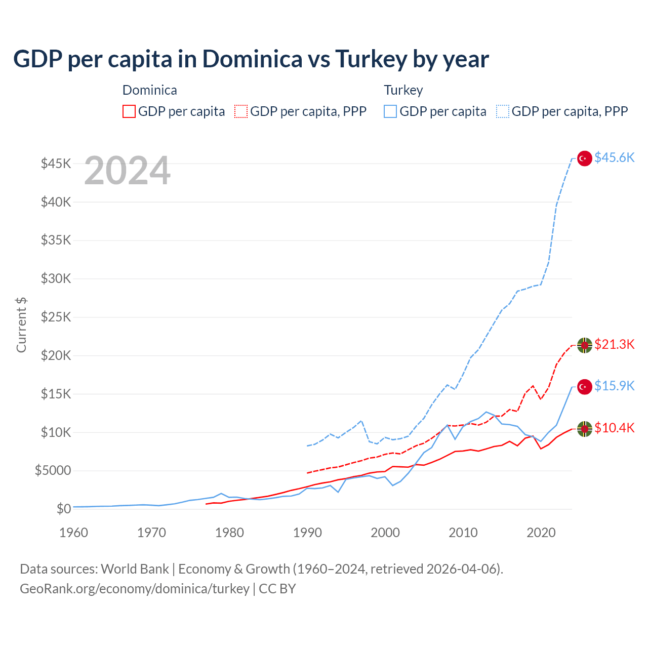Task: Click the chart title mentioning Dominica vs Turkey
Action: click(x=251, y=59)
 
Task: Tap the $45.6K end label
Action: click(x=614, y=157)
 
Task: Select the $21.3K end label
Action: click(x=614, y=344)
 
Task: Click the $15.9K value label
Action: click(x=614, y=386)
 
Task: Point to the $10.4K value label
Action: click(x=614, y=428)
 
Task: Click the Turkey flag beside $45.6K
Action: click(x=585, y=158)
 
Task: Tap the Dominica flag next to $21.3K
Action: click(x=585, y=345)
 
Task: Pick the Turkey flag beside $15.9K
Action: click(x=585, y=387)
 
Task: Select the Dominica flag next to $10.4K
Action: click(x=585, y=429)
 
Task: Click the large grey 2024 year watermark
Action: click(x=127, y=171)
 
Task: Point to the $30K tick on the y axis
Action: click(x=56, y=278)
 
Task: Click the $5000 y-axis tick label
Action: click(x=53, y=470)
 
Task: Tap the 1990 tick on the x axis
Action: click(x=307, y=533)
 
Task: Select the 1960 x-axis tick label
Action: click(x=74, y=533)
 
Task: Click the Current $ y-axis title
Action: click(x=21, y=325)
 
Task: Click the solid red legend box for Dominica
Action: click(x=129, y=111)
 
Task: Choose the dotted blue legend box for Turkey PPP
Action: click(x=503, y=111)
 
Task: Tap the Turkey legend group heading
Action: click(x=403, y=90)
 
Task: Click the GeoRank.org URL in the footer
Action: click(x=134, y=589)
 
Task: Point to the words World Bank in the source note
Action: click(x=135, y=569)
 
